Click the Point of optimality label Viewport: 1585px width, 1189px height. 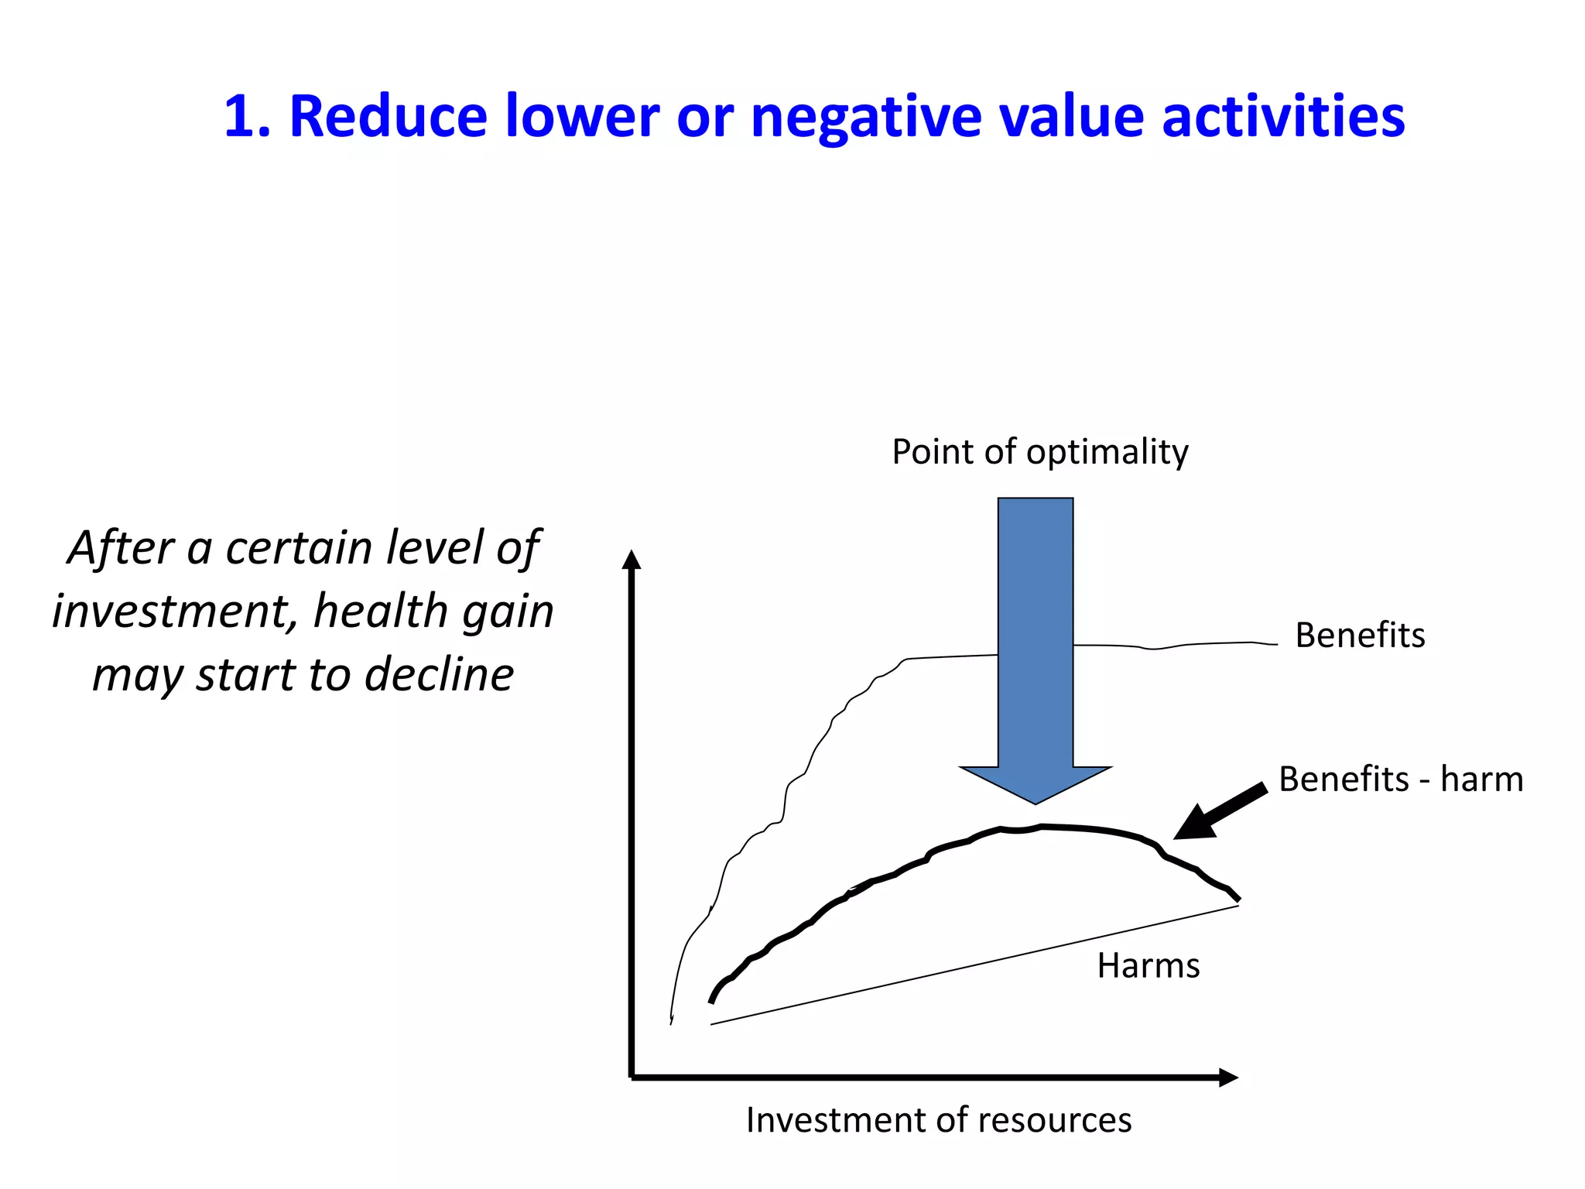[x=1039, y=451]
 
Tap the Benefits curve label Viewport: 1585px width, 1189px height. [x=1360, y=635]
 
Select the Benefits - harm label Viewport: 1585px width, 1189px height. [x=1401, y=779]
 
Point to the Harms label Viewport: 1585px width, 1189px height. [x=1149, y=966]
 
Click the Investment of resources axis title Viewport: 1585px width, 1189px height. [x=939, y=1120]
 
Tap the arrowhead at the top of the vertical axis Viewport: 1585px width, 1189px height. [x=632, y=559]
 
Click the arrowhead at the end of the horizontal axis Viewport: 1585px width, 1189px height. [x=1228, y=1078]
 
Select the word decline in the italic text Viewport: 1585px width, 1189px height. [x=439, y=675]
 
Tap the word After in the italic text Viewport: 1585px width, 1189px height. [x=121, y=548]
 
